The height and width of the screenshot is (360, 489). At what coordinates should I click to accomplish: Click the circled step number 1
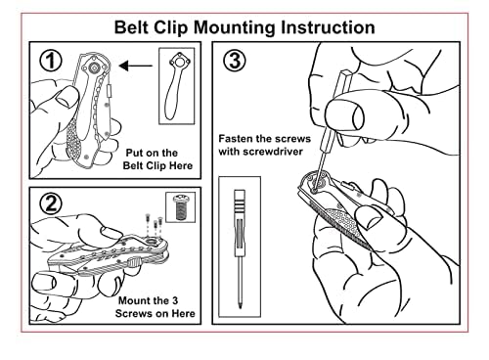point(51,61)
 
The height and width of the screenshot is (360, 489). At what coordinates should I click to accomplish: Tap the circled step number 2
point(51,203)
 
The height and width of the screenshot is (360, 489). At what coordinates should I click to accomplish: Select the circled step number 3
point(235,61)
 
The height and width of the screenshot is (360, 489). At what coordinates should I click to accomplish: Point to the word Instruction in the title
point(328,27)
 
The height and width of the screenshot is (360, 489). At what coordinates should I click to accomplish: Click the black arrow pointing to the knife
point(136,67)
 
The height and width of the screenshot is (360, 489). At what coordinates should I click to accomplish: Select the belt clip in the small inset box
point(176,86)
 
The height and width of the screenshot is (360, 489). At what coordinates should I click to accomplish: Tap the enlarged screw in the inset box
point(180,207)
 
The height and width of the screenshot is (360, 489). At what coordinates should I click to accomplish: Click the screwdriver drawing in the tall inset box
point(240,248)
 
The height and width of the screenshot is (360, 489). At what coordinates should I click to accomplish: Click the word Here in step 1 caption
point(180,165)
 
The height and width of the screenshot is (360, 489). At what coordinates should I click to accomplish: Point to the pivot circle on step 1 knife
point(94,68)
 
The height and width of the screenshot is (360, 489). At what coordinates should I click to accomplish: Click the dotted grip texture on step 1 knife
point(74,144)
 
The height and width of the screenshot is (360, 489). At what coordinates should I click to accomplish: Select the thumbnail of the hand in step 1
point(67,98)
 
